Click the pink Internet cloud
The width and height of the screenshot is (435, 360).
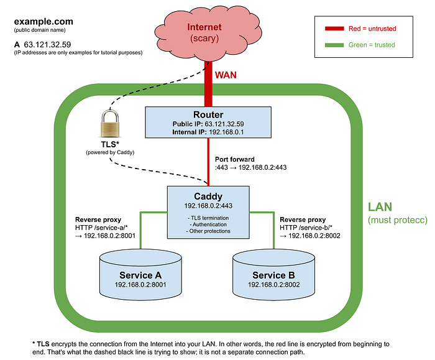click(x=208, y=33)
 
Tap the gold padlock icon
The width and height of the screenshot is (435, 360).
click(x=110, y=124)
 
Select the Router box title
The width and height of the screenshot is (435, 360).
click(x=208, y=114)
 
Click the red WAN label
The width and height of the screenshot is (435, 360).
click(x=226, y=75)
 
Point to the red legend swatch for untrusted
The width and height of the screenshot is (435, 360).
click(x=334, y=29)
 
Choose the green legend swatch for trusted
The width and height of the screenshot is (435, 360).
click(x=334, y=45)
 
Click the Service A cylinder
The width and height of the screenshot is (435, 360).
click(x=140, y=275)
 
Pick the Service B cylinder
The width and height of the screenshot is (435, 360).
click(x=273, y=275)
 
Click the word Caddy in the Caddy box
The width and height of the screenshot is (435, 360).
click(x=208, y=196)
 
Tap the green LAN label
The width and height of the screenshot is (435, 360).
click(x=380, y=207)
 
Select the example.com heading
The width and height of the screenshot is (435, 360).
click(x=43, y=21)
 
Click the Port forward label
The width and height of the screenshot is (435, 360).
click(x=235, y=159)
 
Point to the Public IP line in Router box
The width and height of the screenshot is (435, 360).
click(x=208, y=124)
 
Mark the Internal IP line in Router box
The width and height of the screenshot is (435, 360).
click(x=208, y=132)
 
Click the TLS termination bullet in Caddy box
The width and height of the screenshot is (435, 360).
click(x=208, y=218)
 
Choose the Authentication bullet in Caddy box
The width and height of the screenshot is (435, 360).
click(x=208, y=224)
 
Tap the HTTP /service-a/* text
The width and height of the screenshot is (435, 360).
click(x=101, y=228)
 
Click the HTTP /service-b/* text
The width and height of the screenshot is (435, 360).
click(x=306, y=228)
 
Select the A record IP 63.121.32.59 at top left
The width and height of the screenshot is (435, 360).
click(x=47, y=44)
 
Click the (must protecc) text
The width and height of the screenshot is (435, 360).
click(x=398, y=220)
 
